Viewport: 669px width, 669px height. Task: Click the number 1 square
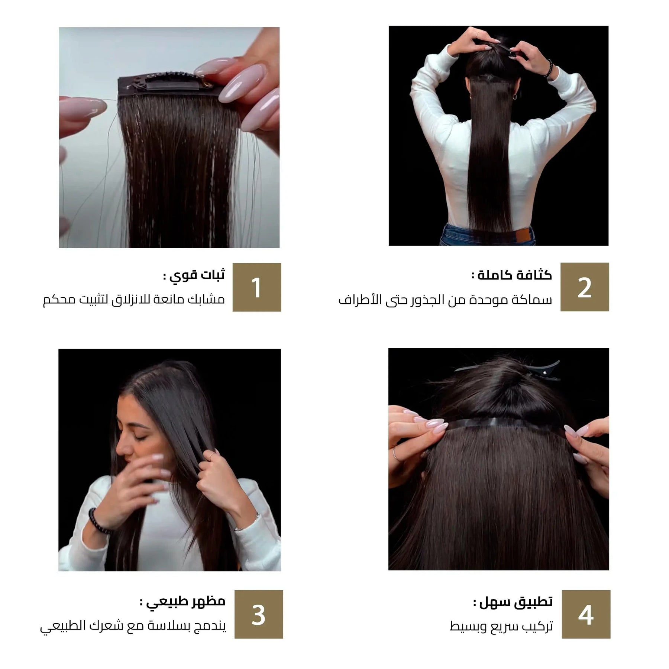[257, 287]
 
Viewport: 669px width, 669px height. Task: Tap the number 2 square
[585, 287]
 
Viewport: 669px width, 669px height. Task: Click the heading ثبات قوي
[194, 275]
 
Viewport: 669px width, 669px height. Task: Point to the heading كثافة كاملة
[512, 275]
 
